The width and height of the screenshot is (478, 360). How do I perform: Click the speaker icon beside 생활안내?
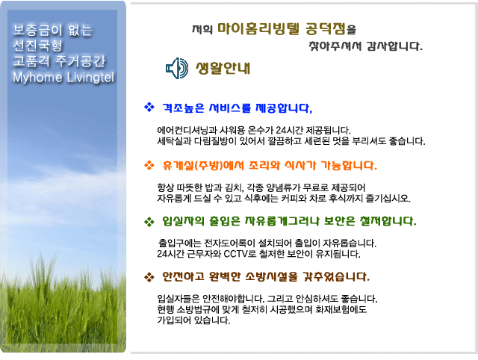(x=177, y=68)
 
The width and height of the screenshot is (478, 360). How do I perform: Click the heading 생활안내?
(x=223, y=68)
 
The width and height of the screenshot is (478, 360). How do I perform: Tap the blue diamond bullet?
(x=149, y=108)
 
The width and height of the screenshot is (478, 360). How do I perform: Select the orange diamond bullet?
(x=149, y=165)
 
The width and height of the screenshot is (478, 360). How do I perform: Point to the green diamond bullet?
(x=149, y=222)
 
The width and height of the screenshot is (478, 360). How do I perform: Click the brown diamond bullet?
(x=149, y=277)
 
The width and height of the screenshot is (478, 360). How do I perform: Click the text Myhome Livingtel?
(x=63, y=78)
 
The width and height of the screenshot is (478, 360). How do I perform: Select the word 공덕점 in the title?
(x=326, y=29)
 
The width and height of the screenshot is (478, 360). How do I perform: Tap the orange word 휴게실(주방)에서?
(x=203, y=166)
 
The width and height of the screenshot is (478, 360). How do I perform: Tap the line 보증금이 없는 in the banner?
(x=53, y=30)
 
